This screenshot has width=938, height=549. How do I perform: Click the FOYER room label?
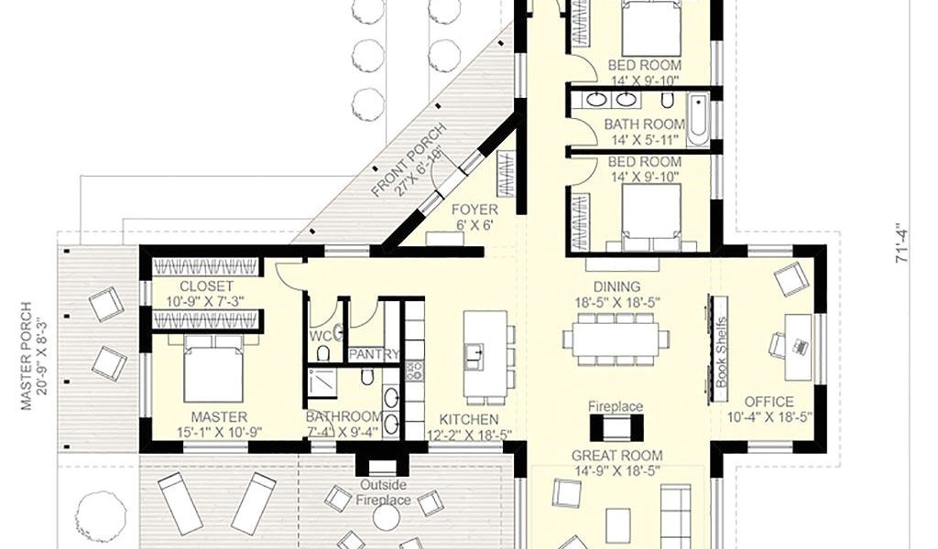pyautogui.click(x=474, y=210)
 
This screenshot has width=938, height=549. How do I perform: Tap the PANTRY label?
pyautogui.click(x=374, y=355)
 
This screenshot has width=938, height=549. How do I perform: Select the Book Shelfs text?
pyautogui.click(x=722, y=352)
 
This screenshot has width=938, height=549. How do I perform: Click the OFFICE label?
pyautogui.click(x=769, y=402)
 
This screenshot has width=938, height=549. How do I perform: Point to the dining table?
pyautogui.click(x=616, y=339)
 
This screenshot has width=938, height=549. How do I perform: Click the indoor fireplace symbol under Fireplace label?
pyautogui.click(x=616, y=427)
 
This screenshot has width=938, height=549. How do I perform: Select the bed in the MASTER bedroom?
pyautogui.click(x=213, y=371)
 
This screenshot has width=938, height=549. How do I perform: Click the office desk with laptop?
pyautogui.click(x=798, y=347)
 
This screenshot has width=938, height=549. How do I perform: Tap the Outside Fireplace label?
pyautogui.click(x=384, y=492)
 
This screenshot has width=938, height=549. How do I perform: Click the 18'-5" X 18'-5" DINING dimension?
pyautogui.click(x=616, y=302)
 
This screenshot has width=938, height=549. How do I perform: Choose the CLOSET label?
pyautogui.click(x=206, y=286)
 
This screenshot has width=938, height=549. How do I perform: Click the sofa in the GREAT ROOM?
pyautogui.click(x=675, y=513)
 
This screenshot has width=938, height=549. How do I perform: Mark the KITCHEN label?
pyautogui.click(x=469, y=419)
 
